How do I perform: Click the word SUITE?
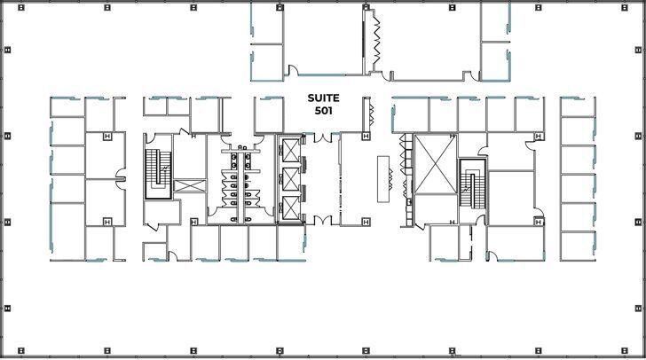[x=323, y=98]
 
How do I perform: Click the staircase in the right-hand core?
[x=470, y=183]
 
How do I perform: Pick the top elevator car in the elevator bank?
[x=289, y=153]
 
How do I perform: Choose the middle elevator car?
[x=289, y=180]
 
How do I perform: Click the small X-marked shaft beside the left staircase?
[x=188, y=185]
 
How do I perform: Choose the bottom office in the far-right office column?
[x=578, y=245]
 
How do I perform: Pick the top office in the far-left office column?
[x=67, y=106]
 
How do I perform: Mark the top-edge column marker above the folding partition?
[x=366, y=7]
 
